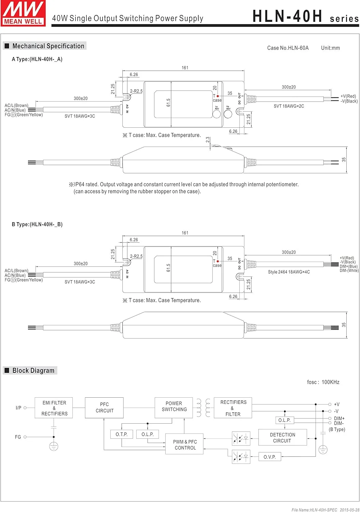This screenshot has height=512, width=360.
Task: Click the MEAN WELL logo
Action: [x=23, y=13]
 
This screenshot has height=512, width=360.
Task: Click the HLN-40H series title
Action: [x=305, y=16]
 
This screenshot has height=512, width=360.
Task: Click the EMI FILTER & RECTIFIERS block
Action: [x=54, y=408]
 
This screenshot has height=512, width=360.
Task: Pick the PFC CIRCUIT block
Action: [x=104, y=408]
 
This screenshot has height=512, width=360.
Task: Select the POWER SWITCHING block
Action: [x=174, y=407]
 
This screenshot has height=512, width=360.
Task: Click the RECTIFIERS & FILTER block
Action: [x=233, y=408]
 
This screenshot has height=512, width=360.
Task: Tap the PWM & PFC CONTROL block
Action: [x=185, y=444]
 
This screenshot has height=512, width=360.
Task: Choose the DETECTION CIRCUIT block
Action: [x=282, y=438]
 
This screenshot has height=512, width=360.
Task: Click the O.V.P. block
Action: [x=269, y=457]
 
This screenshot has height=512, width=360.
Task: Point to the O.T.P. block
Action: [x=122, y=434]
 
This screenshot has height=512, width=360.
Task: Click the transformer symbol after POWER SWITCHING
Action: [x=203, y=408]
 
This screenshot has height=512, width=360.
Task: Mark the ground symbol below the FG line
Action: [x=54, y=446]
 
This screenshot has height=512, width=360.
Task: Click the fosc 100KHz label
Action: [x=323, y=382]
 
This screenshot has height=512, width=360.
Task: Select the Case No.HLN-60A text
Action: [x=288, y=48]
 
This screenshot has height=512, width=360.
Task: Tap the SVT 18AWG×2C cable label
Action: [x=289, y=106]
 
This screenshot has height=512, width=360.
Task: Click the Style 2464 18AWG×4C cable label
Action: [x=289, y=272]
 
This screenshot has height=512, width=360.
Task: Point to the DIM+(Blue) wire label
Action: [x=349, y=266]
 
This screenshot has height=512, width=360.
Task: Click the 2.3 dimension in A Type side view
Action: [x=208, y=140]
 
